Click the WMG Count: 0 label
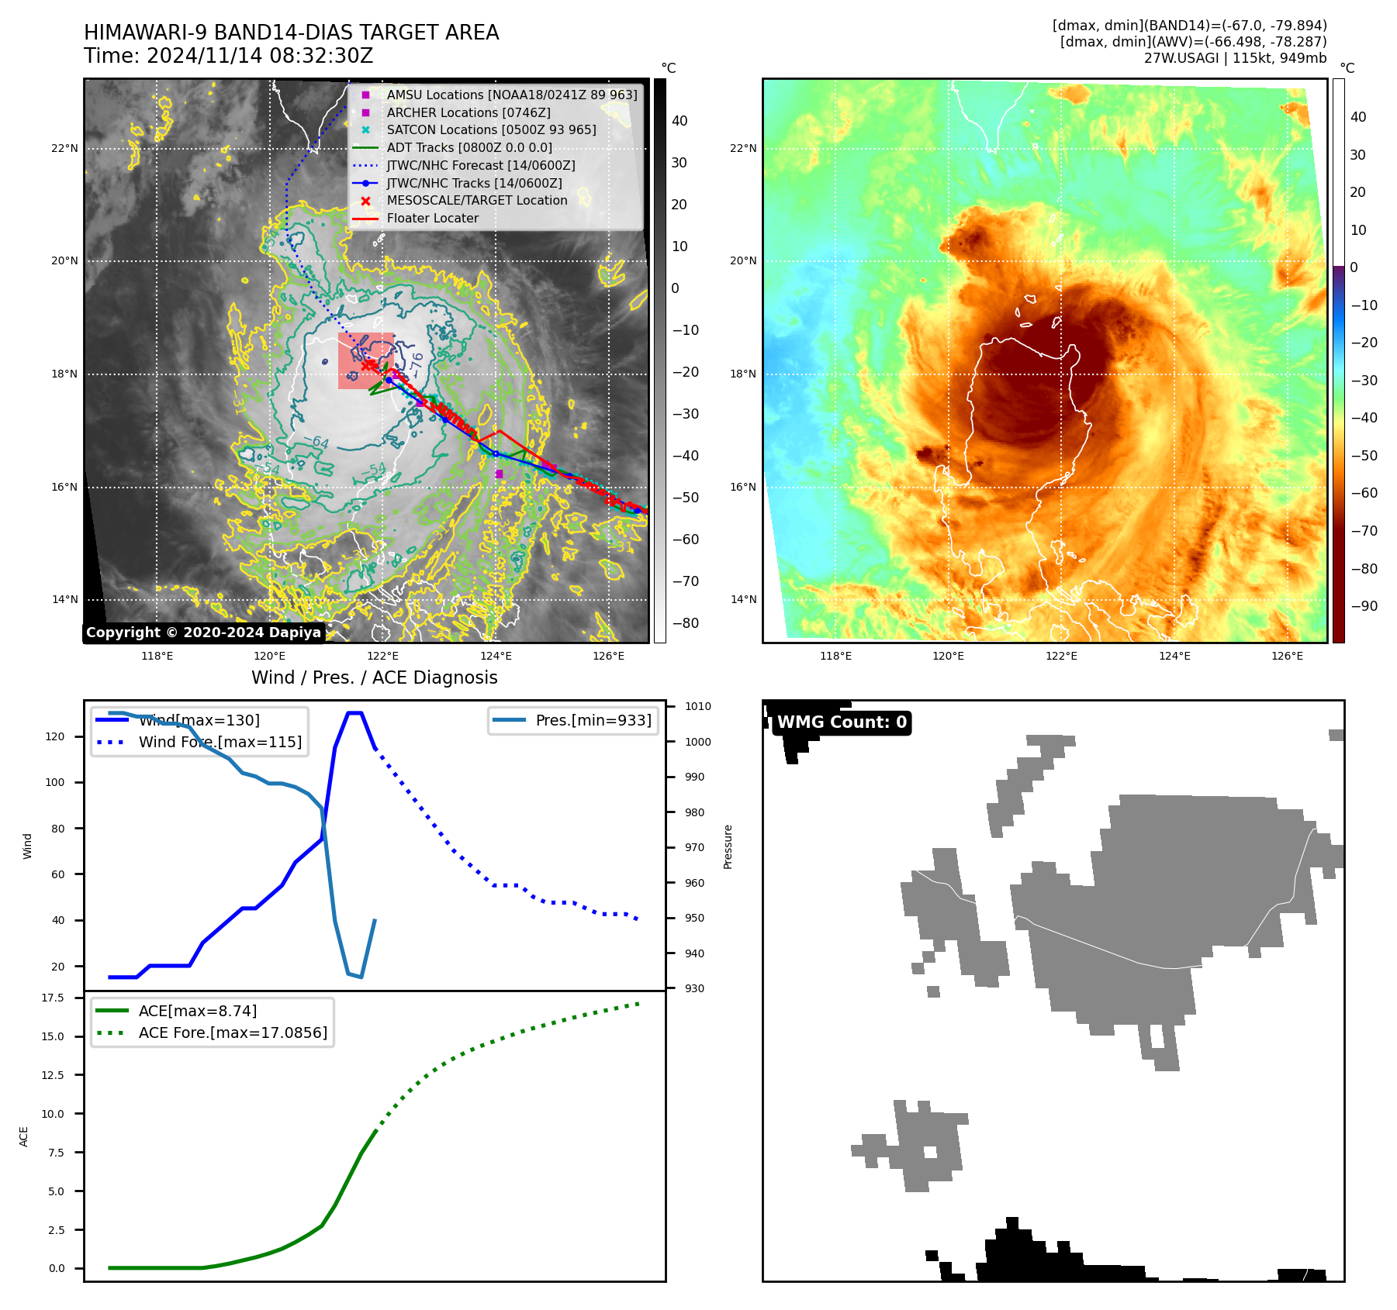point(842,722)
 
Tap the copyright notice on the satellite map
point(203,633)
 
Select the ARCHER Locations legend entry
point(469,112)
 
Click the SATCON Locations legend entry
point(491,130)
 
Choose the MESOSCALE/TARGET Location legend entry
point(476,201)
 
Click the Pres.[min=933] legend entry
point(593,721)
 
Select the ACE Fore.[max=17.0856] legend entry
point(232,1033)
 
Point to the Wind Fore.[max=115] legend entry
point(220,743)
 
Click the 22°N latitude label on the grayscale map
point(65,149)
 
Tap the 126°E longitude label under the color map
point(1287,657)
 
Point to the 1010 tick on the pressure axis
point(697,707)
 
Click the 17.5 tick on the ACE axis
point(54,998)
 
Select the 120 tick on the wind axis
point(55,737)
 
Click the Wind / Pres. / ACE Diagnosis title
point(374,678)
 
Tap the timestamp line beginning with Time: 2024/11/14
point(228,57)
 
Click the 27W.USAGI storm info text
point(1235,58)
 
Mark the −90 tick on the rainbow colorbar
point(1364,607)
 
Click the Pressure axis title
point(728,846)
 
